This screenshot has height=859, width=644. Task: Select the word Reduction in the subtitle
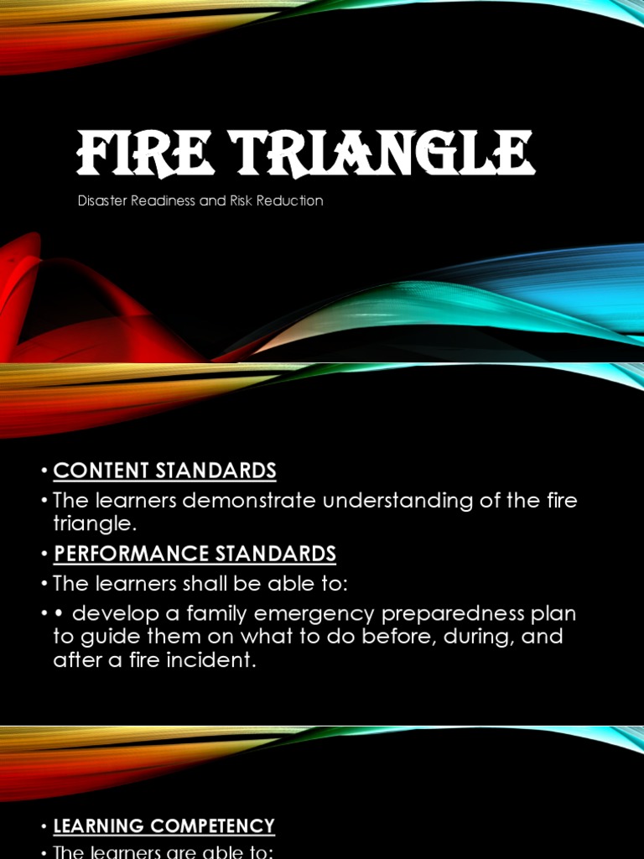tap(293, 201)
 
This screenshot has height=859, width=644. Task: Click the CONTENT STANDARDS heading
tap(164, 471)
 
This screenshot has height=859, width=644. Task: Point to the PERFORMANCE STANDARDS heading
tap(195, 554)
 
